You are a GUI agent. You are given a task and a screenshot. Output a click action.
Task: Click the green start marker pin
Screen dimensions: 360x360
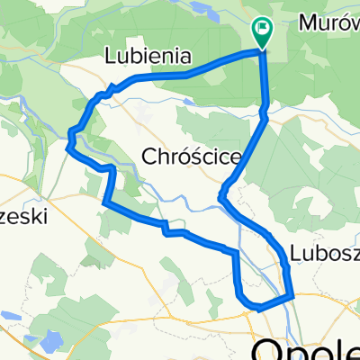[262, 33]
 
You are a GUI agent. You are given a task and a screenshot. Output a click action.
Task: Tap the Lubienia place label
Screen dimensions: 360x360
[148, 56]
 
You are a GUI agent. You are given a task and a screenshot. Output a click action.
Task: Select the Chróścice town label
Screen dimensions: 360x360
[192, 157]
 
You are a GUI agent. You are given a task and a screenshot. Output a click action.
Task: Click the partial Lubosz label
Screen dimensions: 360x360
[324, 252]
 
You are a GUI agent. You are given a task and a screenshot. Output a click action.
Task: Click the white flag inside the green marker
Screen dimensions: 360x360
[262, 29]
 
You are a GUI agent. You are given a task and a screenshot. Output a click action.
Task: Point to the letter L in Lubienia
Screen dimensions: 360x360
[110, 56]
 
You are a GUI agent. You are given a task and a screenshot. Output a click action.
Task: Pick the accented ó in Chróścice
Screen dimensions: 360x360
[184, 157]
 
